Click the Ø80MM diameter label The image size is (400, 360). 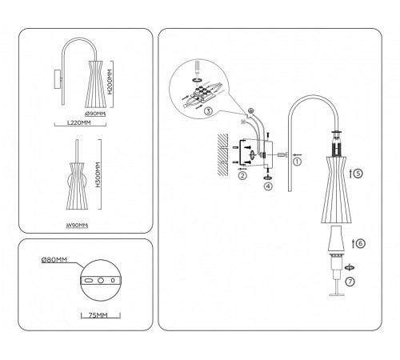tap(55, 260)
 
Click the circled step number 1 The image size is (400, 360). tap(297, 161)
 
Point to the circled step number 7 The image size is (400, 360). tap(350, 282)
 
